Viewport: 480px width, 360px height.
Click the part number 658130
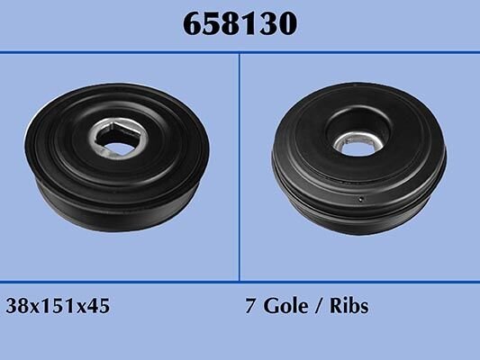(x=240, y=24)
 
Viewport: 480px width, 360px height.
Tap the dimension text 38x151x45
(x=58, y=306)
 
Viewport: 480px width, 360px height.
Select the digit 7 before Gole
(x=250, y=306)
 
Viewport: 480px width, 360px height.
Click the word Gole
(x=285, y=306)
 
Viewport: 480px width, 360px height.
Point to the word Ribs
(x=349, y=306)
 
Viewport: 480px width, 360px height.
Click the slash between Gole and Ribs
(x=319, y=306)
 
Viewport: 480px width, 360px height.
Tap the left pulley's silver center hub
(x=118, y=136)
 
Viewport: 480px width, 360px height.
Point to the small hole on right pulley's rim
(x=361, y=199)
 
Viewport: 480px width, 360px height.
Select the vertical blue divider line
(x=240, y=167)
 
